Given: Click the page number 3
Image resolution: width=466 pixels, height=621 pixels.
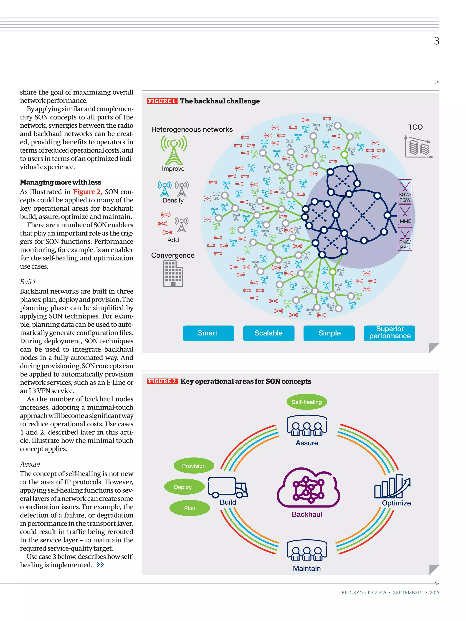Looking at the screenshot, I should point(436,41).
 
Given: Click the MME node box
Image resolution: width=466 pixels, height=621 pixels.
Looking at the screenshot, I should point(405,215).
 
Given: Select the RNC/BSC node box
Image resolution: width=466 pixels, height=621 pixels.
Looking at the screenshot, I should point(405,239).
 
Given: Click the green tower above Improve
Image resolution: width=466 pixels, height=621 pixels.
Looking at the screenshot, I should point(174,150).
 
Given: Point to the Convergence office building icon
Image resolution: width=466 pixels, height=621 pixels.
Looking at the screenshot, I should point(173,274).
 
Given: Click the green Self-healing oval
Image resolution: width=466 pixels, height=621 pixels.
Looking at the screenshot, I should point(306,402).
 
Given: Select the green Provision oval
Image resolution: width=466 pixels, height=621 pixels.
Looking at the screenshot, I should point(194,466).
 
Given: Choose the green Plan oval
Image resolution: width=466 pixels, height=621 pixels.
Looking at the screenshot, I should point(190,508).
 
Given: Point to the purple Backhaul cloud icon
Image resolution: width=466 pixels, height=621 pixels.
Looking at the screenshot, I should point(308,488).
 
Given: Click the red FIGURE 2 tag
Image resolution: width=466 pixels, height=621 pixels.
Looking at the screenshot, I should point(162,381).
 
